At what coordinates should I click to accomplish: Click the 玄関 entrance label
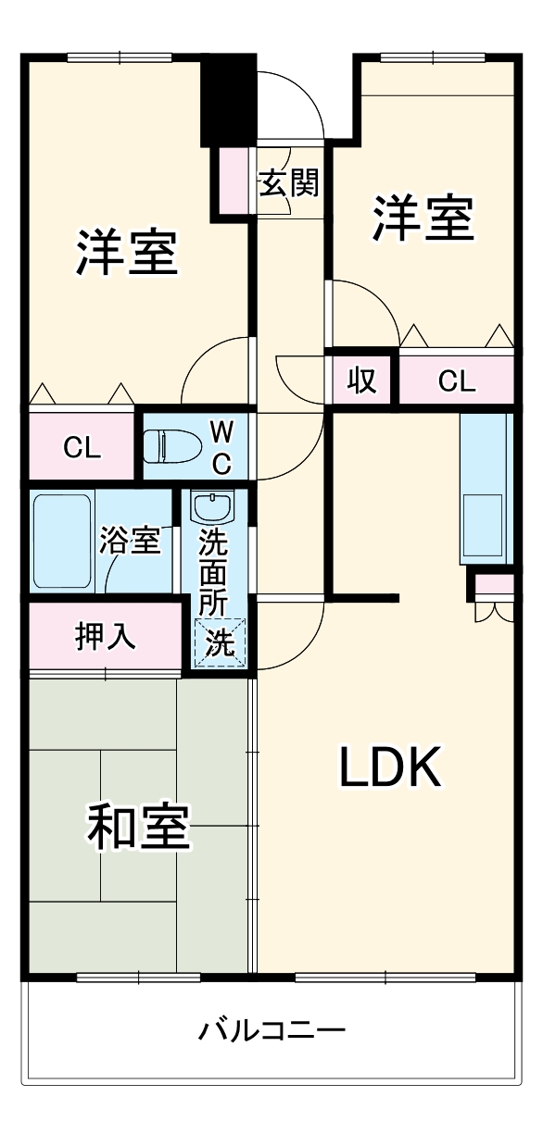tap(288, 183)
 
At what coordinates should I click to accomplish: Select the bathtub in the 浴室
tap(63, 542)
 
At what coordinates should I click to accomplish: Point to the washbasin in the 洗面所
tap(213, 508)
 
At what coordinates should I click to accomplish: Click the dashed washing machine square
tap(221, 642)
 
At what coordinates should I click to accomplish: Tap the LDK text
tap(390, 767)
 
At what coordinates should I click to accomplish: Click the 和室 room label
tap(139, 827)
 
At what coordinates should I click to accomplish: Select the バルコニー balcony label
tap(272, 1029)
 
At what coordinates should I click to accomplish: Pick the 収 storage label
tap(361, 380)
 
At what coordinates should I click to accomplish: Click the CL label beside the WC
tap(82, 447)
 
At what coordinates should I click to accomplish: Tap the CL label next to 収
tap(456, 380)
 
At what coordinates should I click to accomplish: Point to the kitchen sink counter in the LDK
tap(485, 488)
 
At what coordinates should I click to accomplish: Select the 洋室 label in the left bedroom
tap(127, 252)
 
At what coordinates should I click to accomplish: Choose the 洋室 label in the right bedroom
tap(423, 218)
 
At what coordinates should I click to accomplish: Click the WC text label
tap(221, 445)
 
